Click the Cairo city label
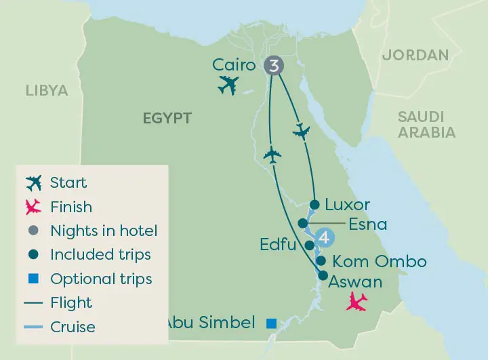pyautogui.click(x=234, y=65)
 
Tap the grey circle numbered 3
pyautogui.click(x=273, y=66)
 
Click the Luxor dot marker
pyautogui.click(x=314, y=204)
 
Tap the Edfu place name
pyautogui.click(x=278, y=244)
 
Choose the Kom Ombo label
pyautogui.click(x=380, y=261)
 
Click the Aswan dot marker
pyautogui.click(x=323, y=275)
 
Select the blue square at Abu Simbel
pyautogui.click(x=271, y=323)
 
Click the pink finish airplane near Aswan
pyautogui.click(x=357, y=301)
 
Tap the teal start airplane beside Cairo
pyautogui.click(x=228, y=85)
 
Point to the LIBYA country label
pyautogui.click(x=47, y=90)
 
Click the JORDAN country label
pyautogui.click(x=415, y=55)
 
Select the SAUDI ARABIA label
pyautogui.click(x=426, y=125)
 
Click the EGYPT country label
pyautogui.click(x=167, y=118)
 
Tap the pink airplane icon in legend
pyautogui.click(x=33, y=207)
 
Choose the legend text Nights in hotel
pyautogui.click(x=104, y=231)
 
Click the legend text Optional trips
pyautogui.click(x=101, y=279)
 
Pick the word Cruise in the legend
pyautogui.click(x=73, y=327)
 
